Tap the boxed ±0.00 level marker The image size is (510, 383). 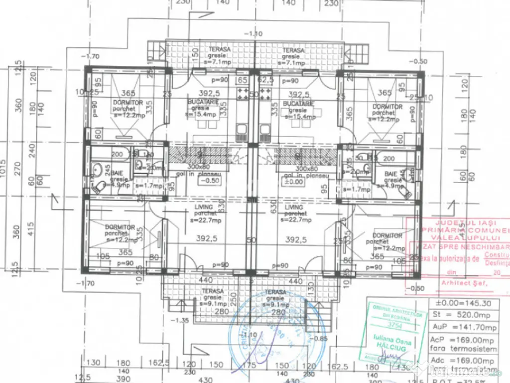(x=297, y=182)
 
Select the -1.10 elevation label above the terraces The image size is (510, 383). (x=253, y=34)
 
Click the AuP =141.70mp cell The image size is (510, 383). (x=463, y=327)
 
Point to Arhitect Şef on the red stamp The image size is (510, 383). (x=461, y=283)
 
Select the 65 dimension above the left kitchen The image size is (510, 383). (x=243, y=80)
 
